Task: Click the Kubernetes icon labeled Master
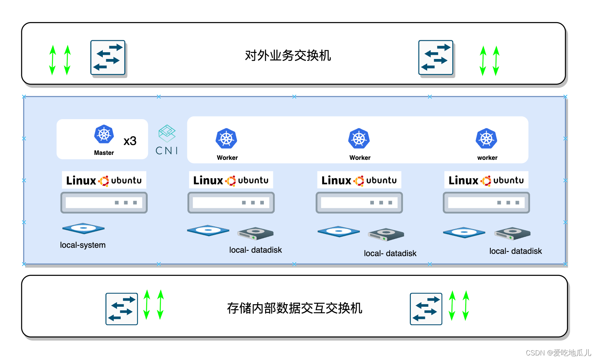coord(104,134)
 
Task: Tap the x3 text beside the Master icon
coord(130,141)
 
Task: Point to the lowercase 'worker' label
coord(487,158)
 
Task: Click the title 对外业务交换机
coord(288,56)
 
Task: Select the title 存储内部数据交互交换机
coord(294,308)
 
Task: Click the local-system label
coord(83,245)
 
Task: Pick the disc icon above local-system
coord(83,228)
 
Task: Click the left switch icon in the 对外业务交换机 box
coord(108,57)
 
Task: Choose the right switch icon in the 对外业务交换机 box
coord(436,57)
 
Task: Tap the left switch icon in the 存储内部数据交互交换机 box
coord(121,309)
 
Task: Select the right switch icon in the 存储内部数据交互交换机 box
coord(426,309)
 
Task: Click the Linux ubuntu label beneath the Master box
coord(104,180)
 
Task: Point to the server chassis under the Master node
coord(104,202)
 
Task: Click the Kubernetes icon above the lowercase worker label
coord(487,139)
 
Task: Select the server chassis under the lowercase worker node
coord(486,202)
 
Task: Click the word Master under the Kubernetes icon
coord(104,153)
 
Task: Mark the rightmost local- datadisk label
coord(515,251)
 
